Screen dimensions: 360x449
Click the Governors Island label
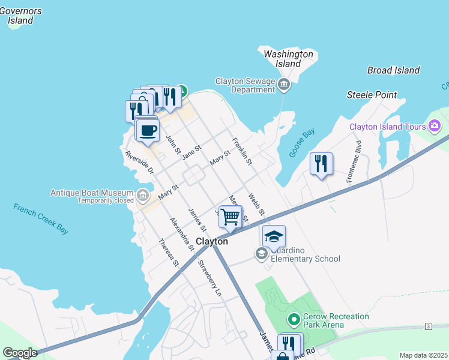20,16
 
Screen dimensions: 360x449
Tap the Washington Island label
289,59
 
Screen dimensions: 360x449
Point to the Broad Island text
393,70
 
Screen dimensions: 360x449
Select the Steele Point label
372,95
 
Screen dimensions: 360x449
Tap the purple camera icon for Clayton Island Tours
435,126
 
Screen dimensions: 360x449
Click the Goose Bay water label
301,144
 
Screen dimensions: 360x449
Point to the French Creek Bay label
41,218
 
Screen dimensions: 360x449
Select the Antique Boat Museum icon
142,196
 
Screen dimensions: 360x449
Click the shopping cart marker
231,217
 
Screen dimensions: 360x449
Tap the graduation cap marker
274,236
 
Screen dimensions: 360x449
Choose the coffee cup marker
148,130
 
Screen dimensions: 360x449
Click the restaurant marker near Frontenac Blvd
321,164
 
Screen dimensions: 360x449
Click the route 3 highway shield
428,326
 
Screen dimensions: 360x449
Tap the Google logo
20,353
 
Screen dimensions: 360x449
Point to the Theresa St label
168,253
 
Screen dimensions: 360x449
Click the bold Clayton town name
212,241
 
